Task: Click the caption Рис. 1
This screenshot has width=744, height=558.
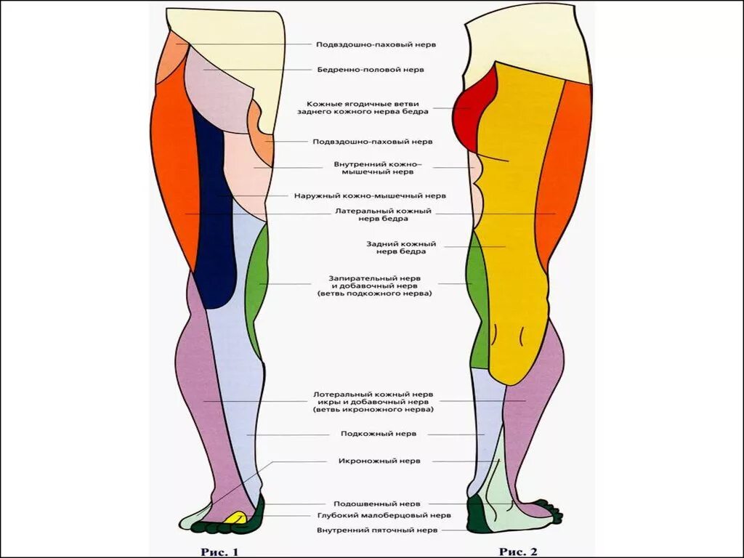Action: tap(219, 551)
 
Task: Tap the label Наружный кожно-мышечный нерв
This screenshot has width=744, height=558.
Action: tap(370, 195)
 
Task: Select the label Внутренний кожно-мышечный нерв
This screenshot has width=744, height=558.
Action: tap(373, 169)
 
